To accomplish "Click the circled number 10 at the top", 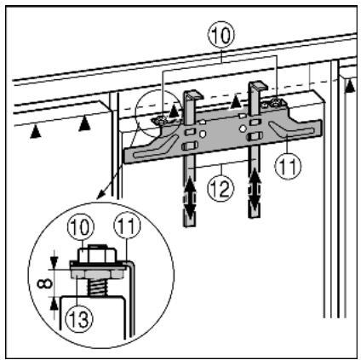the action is (x=221, y=34).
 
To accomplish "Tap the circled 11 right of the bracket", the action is (x=288, y=166).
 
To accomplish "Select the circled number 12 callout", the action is (x=221, y=188).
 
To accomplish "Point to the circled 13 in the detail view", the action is (x=79, y=319).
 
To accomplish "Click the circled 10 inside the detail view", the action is (x=81, y=227).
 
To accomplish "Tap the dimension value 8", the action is (x=44, y=283).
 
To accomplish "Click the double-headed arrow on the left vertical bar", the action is (x=189, y=197).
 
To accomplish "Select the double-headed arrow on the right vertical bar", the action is (x=255, y=188).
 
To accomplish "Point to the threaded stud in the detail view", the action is (x=97, y=287).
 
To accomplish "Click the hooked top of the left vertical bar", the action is (x=193, y=95).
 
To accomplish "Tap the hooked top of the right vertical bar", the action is (x=258, y=86).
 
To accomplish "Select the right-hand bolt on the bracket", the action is (x=275, y=104).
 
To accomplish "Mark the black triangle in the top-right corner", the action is (x=350, y=86).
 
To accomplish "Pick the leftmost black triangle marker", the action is (x=36, y=132).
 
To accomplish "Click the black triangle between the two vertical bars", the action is (x=236, y=102).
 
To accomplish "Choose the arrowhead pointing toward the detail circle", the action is (x=100, y=195).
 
